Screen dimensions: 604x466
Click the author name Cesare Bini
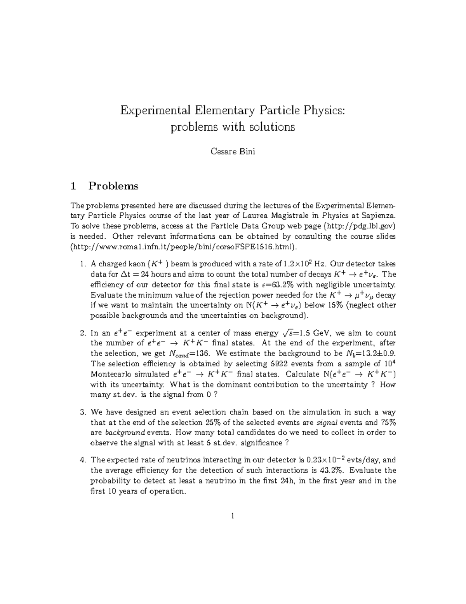coord(233,152)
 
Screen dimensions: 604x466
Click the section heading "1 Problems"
coord(104,186)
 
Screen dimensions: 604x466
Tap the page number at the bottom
coord(233,516)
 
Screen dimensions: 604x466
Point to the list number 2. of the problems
coord(82,333)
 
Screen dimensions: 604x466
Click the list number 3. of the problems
coord(82,412)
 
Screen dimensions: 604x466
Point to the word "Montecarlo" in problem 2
coord(110,375)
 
